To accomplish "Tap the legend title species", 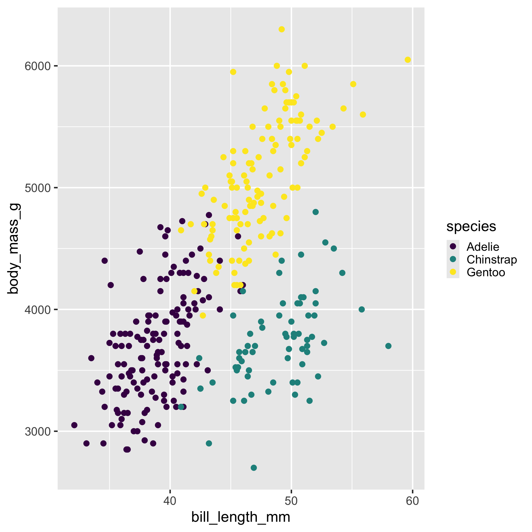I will [x=471, y=226].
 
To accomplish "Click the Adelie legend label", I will [x=483, y=247].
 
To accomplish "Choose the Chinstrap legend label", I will [x=492, y=260].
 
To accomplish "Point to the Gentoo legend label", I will [x=486, y=272].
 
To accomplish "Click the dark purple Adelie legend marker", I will [x=453, y=246].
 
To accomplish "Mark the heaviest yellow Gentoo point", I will [x=282, y=29].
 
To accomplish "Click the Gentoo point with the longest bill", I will [x=408, y=60].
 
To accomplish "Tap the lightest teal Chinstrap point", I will [x=254, y=468].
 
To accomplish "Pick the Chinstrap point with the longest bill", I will [x=388, y=346].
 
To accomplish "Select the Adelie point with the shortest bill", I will [x=74, y=425].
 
